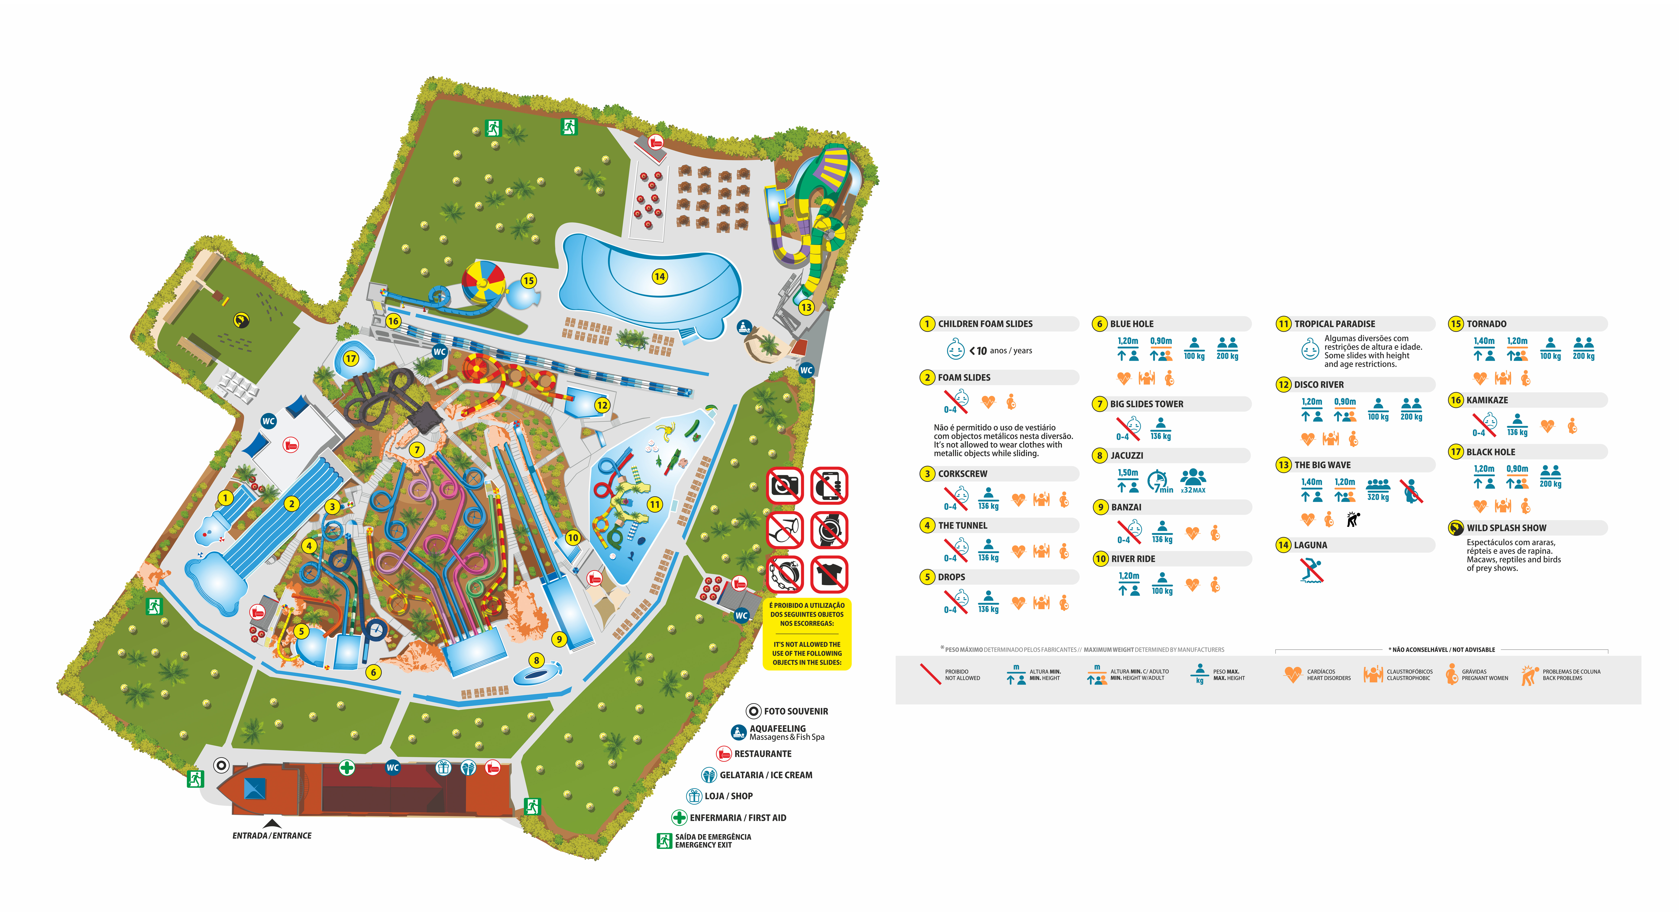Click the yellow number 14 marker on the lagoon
(660, 276)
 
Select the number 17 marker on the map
(351, 358)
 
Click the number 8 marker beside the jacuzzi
(536, 660)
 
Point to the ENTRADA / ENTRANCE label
(272, 835)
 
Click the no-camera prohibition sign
(785, 485)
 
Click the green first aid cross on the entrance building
(347, 767)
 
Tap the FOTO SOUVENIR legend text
(796, 712)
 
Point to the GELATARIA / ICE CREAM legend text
(766, 775)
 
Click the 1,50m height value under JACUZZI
(1128, 473)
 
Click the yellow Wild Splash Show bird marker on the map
(241, 320)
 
